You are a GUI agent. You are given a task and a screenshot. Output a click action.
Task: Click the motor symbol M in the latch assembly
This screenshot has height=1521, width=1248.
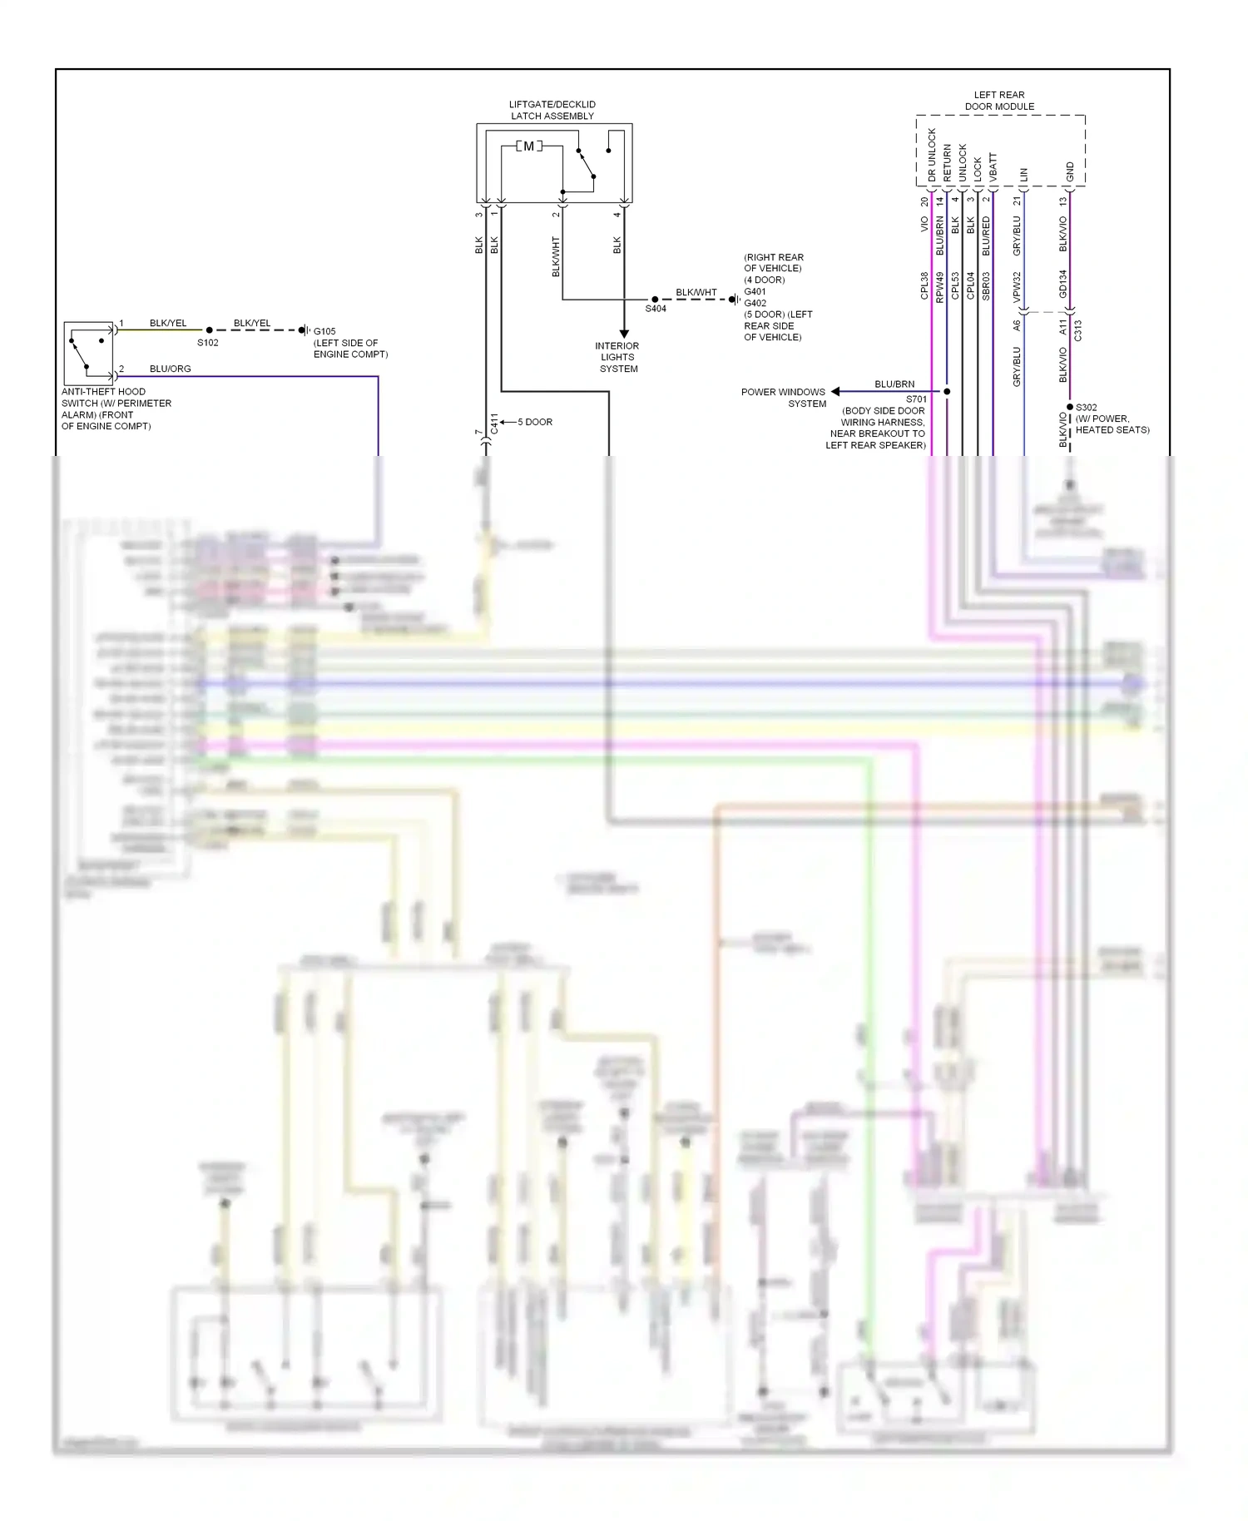[528, 146]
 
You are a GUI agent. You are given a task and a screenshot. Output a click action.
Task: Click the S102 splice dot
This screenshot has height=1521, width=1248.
[210, 330]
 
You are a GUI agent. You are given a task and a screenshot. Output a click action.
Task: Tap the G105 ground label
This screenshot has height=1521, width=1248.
[324, 331]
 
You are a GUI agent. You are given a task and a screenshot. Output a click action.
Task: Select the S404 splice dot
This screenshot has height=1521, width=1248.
[655, 300]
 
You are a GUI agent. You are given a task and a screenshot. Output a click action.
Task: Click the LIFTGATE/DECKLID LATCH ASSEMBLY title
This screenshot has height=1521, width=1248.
[552, 111]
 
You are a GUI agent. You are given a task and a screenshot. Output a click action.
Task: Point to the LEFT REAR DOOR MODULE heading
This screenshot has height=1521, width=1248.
[999, 101]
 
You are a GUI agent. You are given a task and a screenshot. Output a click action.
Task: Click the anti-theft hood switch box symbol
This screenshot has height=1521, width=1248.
[89, 353]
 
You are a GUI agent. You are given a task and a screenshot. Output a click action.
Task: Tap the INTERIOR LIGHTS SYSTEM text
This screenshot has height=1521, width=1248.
[617, 357]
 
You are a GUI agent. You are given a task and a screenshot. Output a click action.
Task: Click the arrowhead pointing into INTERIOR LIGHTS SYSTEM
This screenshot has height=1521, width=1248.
[624, 334]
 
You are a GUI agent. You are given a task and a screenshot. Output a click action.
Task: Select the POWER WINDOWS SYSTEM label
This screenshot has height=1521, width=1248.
[784, 398]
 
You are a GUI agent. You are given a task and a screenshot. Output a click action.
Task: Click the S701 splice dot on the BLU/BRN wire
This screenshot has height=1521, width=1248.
[947, 391]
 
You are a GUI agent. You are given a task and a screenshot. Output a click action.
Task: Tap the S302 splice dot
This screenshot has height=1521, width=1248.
[1070, 407]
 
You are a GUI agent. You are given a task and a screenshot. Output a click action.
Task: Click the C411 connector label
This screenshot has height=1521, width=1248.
[494, 424]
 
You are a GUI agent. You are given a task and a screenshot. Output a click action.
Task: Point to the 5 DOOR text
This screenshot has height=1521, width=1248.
[535, 422]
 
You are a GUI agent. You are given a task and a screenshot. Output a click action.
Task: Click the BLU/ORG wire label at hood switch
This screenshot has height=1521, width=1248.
[171, 369]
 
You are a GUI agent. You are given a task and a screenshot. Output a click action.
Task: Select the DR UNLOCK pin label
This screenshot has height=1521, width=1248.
[932, 155]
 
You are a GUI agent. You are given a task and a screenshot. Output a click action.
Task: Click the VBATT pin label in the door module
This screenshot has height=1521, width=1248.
[993, 167]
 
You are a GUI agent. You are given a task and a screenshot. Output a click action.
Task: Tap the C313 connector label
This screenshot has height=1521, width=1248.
[1078, 330]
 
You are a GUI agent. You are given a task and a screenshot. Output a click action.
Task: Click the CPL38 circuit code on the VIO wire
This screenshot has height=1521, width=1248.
[924, 285]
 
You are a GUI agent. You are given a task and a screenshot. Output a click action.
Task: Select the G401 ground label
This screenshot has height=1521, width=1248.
[755, 291]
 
